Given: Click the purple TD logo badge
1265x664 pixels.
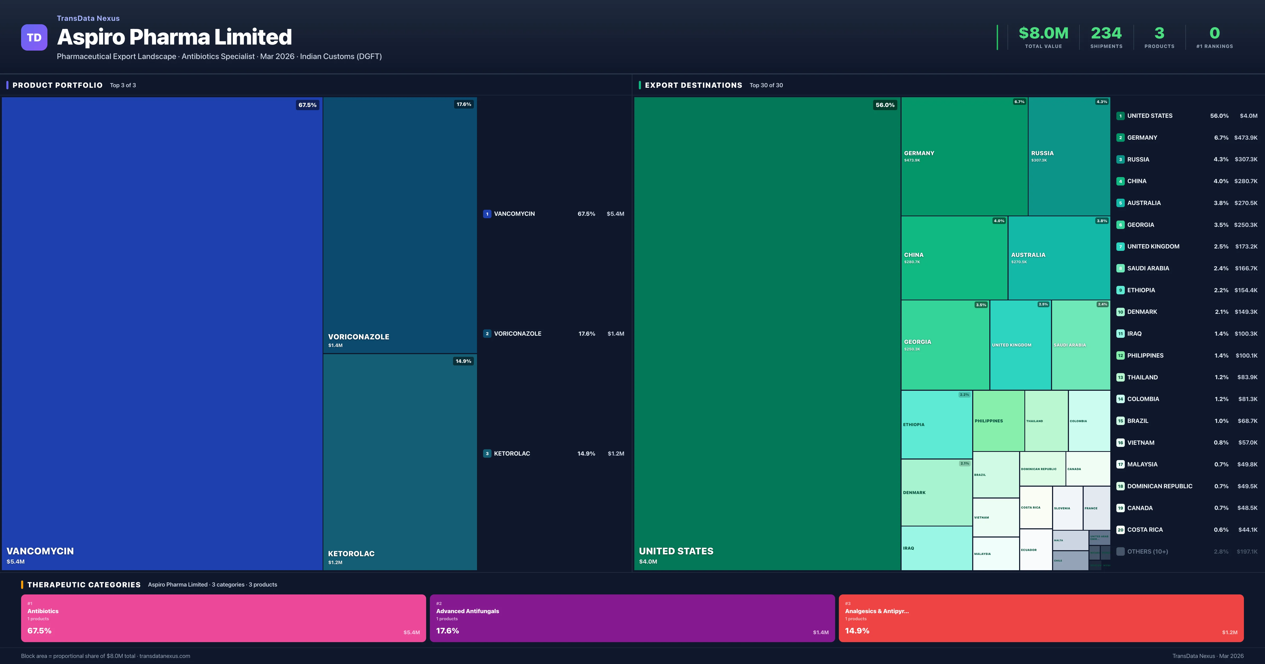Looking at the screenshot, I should pyautogui.click(x=34, y=37).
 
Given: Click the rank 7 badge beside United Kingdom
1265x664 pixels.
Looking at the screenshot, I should pyautogui.click(x=1120, y=247).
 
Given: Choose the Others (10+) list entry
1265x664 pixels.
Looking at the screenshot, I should pyautogui.click(x=1147, y=551).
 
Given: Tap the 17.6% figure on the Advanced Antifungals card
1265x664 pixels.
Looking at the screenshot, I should pyautogui.click(x=447, y=631).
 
